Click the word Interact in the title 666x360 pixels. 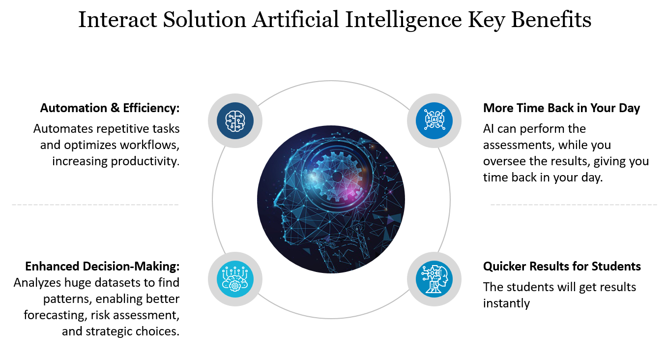117,20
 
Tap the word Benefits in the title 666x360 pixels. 551,20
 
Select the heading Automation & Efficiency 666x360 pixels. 110,108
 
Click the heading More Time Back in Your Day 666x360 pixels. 561,108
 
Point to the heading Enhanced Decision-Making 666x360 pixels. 102,266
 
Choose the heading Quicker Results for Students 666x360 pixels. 562,266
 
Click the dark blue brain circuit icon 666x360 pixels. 235,121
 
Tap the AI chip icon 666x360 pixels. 434,121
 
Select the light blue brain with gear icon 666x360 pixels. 235,279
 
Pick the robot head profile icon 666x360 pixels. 434,279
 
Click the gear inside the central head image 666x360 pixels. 337,177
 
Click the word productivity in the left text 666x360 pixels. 145,161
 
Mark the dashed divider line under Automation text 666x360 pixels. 95,205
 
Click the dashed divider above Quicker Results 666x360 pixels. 574,205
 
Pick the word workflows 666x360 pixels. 149,145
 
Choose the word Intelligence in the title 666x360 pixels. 403,20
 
